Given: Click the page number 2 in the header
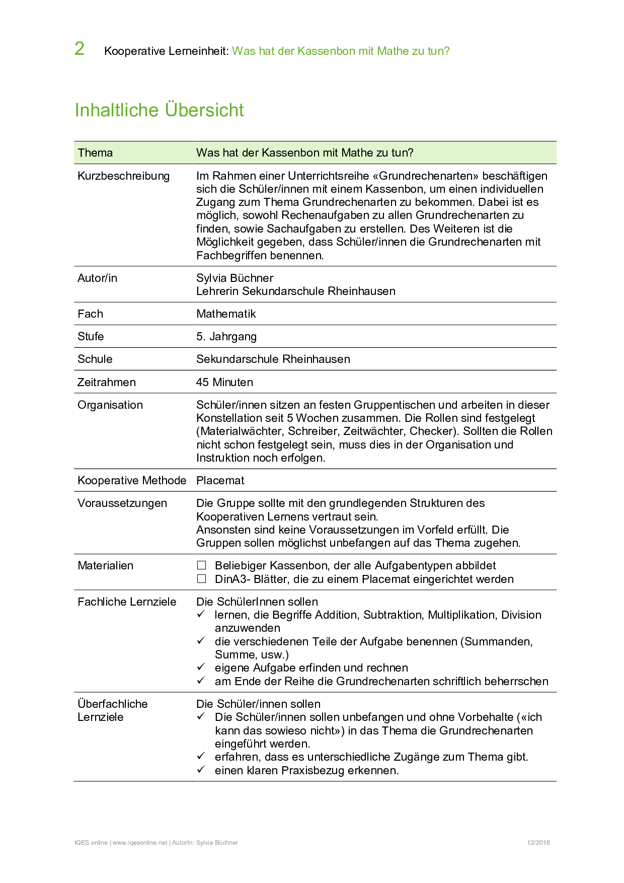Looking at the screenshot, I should tap(80, 49).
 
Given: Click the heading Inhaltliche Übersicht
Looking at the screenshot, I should tap(159, 110).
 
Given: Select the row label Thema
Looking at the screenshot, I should tap(95, 153).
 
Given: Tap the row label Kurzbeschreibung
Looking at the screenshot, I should tap(123, 176).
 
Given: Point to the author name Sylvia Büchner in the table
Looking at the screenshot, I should tap(235, 278).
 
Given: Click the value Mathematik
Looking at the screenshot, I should tap(226, 314).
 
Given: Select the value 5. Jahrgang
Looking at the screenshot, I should tap(226, 337).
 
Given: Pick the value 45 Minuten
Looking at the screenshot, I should tap(224, 382).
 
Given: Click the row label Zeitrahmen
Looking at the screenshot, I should tap(106, 382).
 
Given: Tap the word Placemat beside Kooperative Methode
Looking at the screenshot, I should tap(220, 481).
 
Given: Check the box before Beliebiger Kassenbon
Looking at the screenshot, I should tap(202, 565).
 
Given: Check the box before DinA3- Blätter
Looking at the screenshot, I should tap(202, 579).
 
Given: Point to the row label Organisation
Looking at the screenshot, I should tap(110, 405).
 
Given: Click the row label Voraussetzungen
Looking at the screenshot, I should tap(122, 503).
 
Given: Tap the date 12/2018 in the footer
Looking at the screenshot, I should tap(538, 843).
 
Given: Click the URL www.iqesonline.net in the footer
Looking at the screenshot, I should tap(140, 843).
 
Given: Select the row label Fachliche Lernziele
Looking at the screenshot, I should tap(127, 602).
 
